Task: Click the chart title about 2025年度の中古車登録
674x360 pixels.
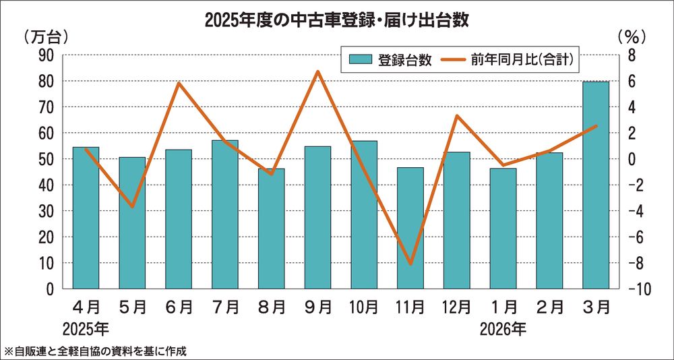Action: tap(337, 20)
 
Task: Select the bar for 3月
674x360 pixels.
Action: tap(596, 185)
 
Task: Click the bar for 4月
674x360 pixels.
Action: tap(86, 218)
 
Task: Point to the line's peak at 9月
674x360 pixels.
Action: tap(318, 71)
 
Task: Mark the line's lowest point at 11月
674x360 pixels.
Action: tap(410, 264)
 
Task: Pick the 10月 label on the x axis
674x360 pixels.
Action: tap(364, 307)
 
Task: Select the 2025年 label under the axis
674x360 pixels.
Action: tap(86, 330)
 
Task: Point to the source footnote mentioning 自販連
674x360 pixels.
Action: tap(95, 351)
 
